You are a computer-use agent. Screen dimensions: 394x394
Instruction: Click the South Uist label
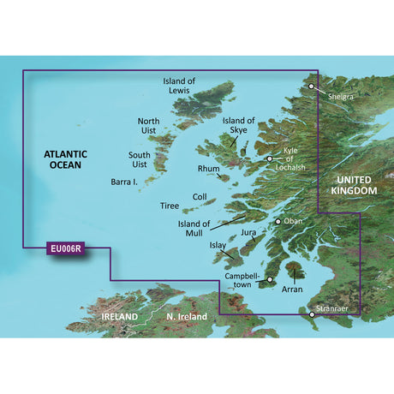click(x=140, y=159)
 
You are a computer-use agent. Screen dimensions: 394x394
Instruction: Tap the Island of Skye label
click(x=239, y=126)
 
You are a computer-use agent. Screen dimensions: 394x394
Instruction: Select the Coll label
click(x=200, y=196)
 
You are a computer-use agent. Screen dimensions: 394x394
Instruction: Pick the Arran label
click(x=293, y=290)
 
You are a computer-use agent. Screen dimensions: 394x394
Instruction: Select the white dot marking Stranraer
click(x=313, y=315)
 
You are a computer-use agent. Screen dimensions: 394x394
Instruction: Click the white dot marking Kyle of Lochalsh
click(x=269, y=158)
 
